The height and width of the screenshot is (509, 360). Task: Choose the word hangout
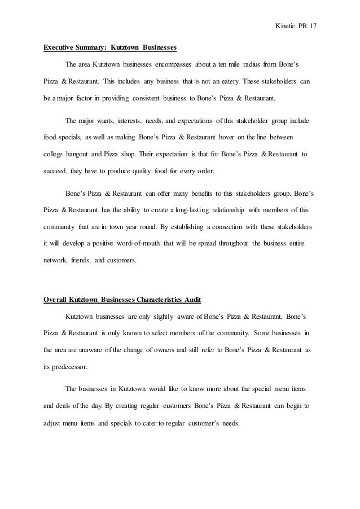point(81,153)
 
